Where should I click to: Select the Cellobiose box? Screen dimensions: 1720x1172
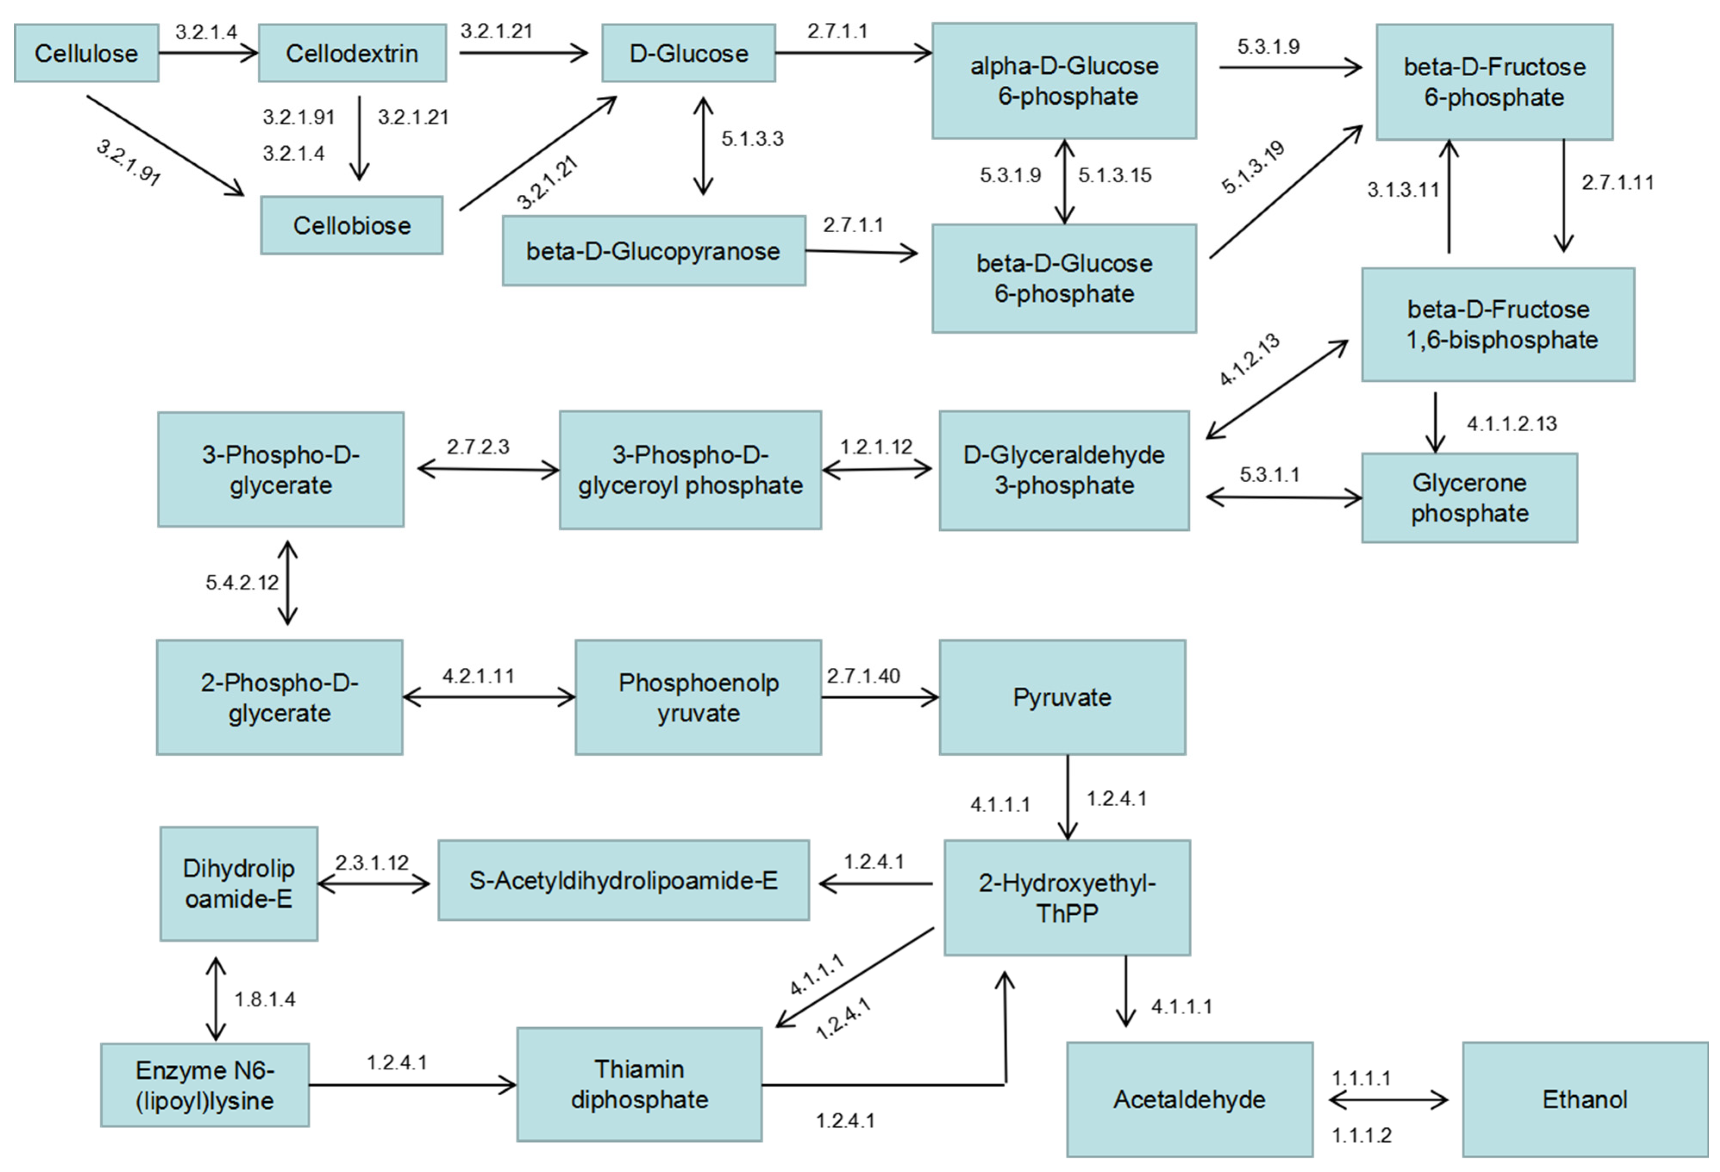(x=352, y=225)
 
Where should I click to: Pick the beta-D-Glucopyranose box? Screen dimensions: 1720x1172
(x=654, y=251)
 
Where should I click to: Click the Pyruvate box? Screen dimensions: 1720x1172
(x=1062, y=697)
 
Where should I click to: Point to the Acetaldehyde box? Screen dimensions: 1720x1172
(x=1189, y=1100)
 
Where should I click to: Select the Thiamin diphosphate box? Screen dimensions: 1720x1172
(x=639, y=1085)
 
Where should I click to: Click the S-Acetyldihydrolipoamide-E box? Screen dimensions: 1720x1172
(x=623, y=880)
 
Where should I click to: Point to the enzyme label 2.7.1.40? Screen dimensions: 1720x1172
(x=863, y=676)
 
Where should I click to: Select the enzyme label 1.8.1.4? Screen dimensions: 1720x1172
(x=265, y=1000)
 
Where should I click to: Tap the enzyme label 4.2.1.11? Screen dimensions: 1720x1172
(x=478, y=676)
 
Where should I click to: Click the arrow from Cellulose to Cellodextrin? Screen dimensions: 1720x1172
(x=208, y=53)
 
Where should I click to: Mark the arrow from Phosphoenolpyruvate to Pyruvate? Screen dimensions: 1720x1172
(x=880, y=697)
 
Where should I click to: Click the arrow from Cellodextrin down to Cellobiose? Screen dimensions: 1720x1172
(x=359, y=138)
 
